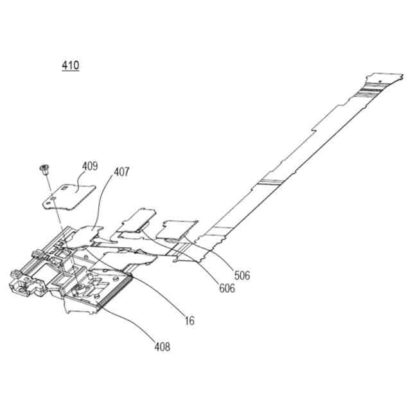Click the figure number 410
pyautogui.click(x=71, y=65)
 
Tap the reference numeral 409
pyautogui.click(x=90, y=166)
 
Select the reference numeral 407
pyautogui.click(x=121, y=172)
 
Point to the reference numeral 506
pyautogui.click(x=242, y=275)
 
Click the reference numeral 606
pyautogui.click(x=226, y=288)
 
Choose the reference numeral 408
pyautogui.click(x=162, y=347)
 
